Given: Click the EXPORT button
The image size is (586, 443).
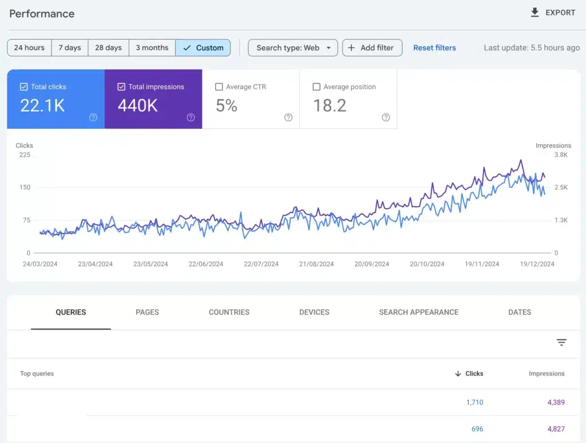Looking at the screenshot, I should click(x=553, y=13).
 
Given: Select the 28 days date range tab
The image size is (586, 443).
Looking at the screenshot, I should click(x=108, y=48).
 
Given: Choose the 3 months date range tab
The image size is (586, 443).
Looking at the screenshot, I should click(x=152, y=48).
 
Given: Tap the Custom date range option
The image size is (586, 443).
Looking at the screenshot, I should click(x=203, y=48).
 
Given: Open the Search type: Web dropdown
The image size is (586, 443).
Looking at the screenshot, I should click(x=293, y=48).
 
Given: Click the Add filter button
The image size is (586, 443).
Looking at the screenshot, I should click(x=372, y=48).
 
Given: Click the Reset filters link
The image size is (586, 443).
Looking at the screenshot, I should click(x=434, y=48).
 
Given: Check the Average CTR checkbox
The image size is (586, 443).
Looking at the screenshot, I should click(x=219, y=87).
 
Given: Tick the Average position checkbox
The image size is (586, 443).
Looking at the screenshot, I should click(x=316, y=87).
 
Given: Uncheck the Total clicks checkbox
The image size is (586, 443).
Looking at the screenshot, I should click(x=23, y=87).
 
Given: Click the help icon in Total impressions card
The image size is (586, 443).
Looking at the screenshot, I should click(x=191, y=117).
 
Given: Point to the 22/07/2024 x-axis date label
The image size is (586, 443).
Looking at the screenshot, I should click(x=261, y=264).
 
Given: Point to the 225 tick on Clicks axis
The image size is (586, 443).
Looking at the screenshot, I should click(x=25, y=155).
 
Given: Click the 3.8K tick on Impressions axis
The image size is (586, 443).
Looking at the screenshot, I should click(x=560, y=155).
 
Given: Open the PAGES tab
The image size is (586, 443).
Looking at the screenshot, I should click(x=147, y=312).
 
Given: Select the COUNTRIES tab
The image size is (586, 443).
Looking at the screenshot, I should click(x=229, y=312).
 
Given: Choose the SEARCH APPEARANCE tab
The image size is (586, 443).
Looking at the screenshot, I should click(x=418, y=312).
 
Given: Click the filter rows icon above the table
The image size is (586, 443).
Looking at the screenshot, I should click(x=561, y=342).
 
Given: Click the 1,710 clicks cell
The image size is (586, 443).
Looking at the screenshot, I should click(x=474, y=402).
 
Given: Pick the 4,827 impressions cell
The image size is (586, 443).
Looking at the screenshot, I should click(x=556, y=429).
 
